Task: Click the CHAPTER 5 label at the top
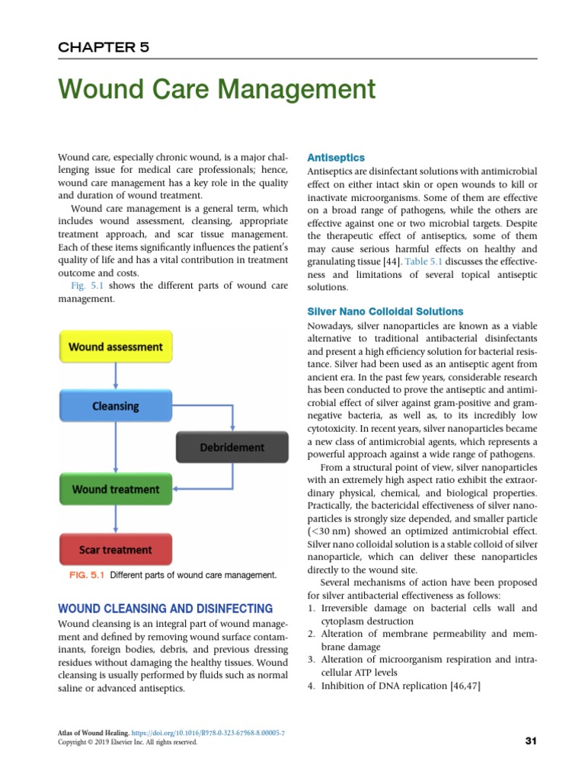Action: pos(104,47)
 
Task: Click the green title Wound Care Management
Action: pos(217,90)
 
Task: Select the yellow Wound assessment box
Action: pos(116,347)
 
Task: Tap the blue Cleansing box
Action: pos(116,406)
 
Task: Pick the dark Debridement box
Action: pos(232,447)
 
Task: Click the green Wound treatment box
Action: pos(116,489)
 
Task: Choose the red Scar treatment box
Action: pos(116,549)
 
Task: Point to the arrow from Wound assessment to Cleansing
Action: pos(115,376)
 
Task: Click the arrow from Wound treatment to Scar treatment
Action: pos(115,519)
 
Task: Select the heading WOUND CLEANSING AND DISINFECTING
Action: pos(165,609)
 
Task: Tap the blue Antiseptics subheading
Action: pos(331,157)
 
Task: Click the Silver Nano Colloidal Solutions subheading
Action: pos(385,312)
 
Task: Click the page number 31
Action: pos(532,741)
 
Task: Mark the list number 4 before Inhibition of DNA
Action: pos(311,686)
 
